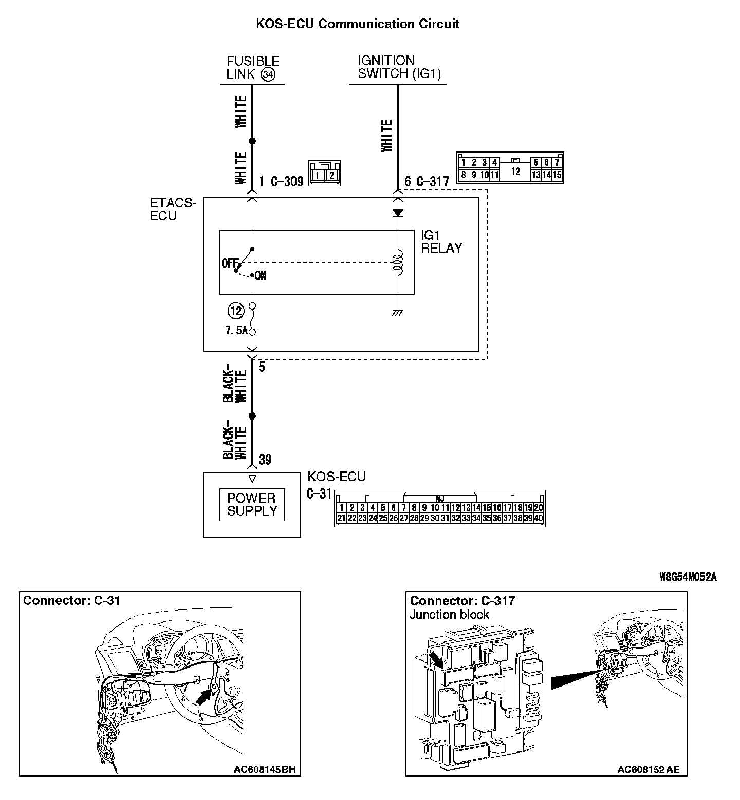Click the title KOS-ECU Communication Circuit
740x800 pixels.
click(x=358, y=24)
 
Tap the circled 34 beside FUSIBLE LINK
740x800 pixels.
click(x=267, y=74)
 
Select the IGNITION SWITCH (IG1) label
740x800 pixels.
click(x=399, y=67)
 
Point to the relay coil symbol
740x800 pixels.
click(x=397, y=262)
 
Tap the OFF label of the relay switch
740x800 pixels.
click(x=229, y=263)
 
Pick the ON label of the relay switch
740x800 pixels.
click(x=260, y=276)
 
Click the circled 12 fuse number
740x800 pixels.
click(x=236, y=311)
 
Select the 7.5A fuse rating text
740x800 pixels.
click(x=236, y=331)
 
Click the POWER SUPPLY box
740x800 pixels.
click(x=252, y=505)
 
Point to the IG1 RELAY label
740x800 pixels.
click(x=441, y=242)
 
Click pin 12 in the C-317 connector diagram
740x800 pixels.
click(x=515, y=172)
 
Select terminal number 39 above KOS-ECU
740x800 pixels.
click(x=265, y=460)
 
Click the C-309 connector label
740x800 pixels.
click(x=287, y=181)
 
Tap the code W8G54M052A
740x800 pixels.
click(x=688, y=577)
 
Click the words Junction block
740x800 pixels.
click(x=449, y=615)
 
